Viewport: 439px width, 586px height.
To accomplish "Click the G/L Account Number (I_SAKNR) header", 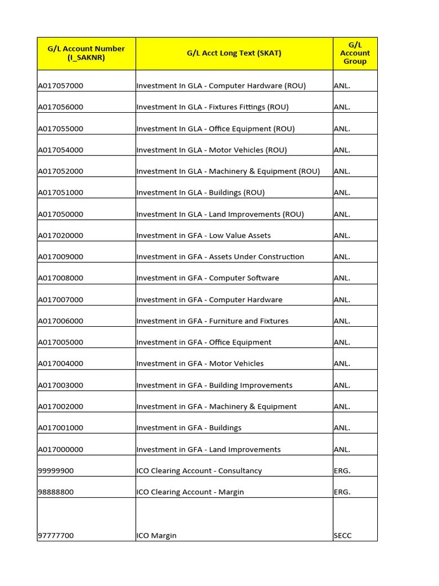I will pyautogui.click(x=86, y=53).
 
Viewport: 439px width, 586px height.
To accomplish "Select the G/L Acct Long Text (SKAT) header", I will pyautogui.click(x=234, y=53).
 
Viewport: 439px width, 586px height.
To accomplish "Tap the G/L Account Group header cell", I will pyautogui.click(x=354, y=53).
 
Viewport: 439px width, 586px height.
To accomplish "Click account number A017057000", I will pyautogui.click(x=61, y=86).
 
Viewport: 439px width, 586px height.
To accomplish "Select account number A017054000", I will pyautogui.click(x=61, y=150).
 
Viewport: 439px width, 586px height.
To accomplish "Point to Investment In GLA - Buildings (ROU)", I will pyautogui.click(x=201, y=192).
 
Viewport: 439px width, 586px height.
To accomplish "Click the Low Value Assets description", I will pyautogui.click(x=203, y=235).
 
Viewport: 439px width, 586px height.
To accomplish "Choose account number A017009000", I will pyautogui.click(x=61, y=256).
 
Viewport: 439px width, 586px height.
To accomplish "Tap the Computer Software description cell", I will pyautogui.click(x=207, y=278).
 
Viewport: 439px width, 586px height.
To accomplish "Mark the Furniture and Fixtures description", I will pyautogui.click(x=212, y=321).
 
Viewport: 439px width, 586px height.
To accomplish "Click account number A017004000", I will pyautogui.click(x=61, y=363).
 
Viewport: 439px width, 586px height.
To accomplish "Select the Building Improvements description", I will pyautogui.click(x=214, y=385).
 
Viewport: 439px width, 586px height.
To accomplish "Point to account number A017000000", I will pyautogui.click(x=61, y=449).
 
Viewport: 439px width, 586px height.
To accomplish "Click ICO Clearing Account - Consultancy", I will pyautogui.click(x=199, y=470).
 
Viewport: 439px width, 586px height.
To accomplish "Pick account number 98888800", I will pyautogui.click(x=56, y=492).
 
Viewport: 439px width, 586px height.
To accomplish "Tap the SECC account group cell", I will pyautogui.click(x=342, y=536).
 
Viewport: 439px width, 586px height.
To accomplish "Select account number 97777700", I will pyautogui.click(x=56, y=536).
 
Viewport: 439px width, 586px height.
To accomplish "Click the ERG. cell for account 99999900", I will pyautogui.click(x=342, y=470).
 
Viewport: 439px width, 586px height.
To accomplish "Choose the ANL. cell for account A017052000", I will pyautogui.click(x=342, y=171).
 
